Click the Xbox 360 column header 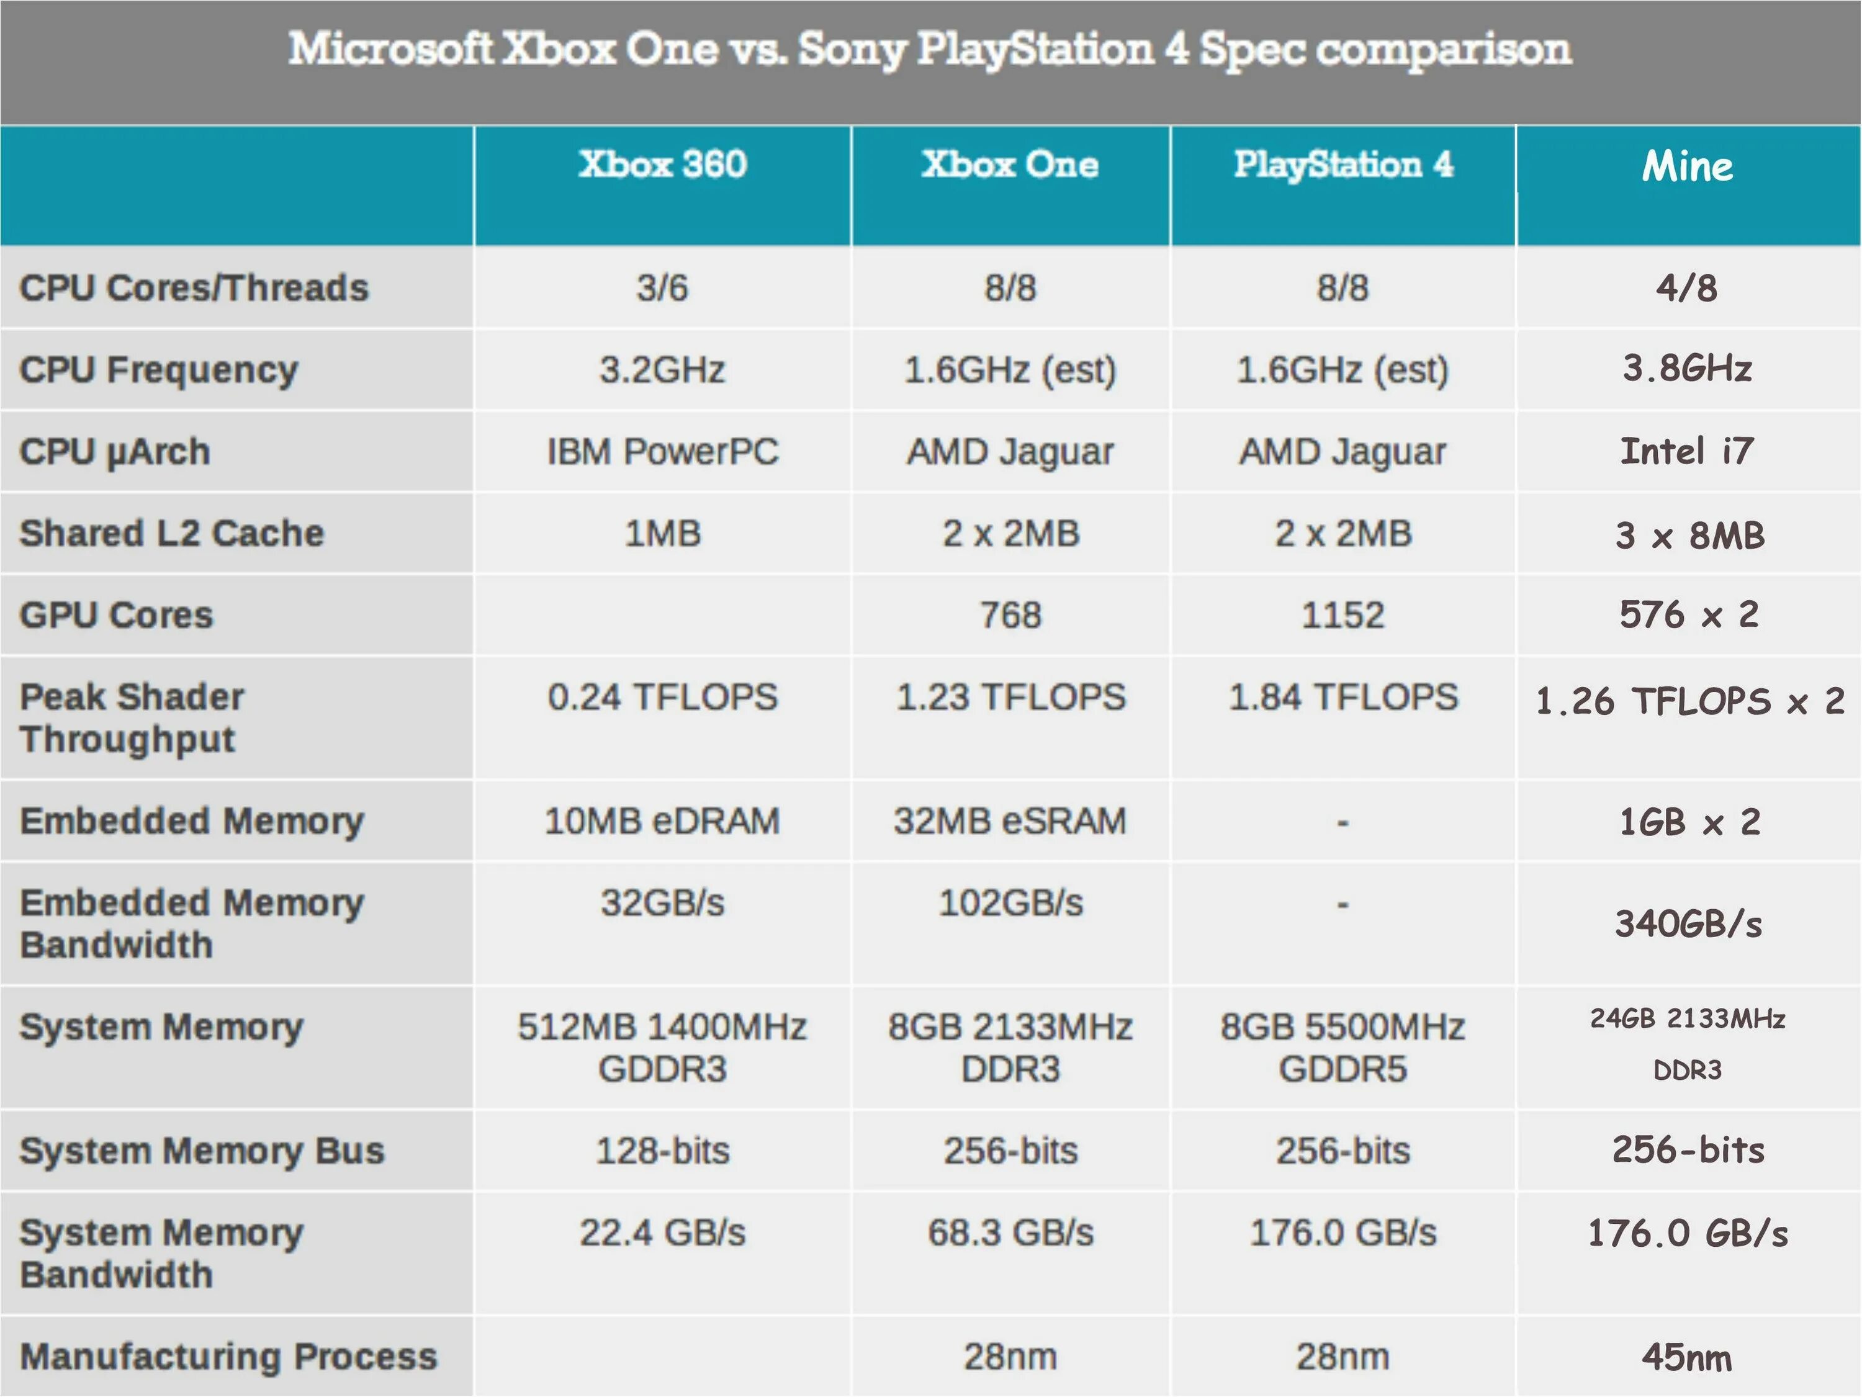tap(662, 164)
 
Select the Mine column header tap(1687, 166)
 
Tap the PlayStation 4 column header tap(1343, 164)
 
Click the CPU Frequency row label tap(159, 369)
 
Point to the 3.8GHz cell tap(1687, 369)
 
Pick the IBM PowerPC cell tap(662, 452)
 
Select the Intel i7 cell tap(1687, 451)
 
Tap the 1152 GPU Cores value tap(1343, 615)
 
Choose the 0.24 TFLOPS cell tap(662, 697)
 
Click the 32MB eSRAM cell tap(1010, 820)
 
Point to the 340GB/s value tap(1688, 924)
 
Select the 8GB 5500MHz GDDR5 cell tap(1343, 1048)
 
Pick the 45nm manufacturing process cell tap(1687, 1357)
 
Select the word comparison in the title tap(1443, 49)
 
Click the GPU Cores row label tap(116, 615)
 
